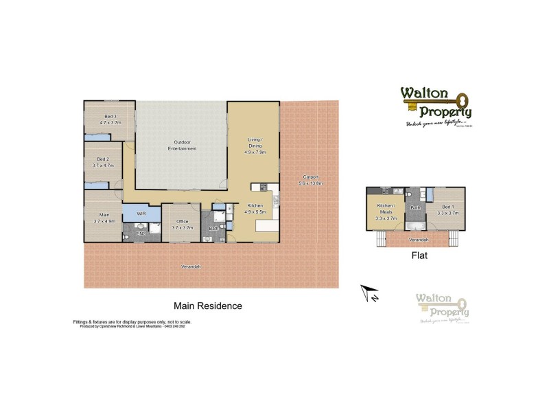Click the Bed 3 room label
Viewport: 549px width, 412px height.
click(110, 117)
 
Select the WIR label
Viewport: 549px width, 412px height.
click(141, 214)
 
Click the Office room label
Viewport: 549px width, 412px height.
click(182, 221)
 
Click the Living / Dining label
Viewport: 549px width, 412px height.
click(255, 142)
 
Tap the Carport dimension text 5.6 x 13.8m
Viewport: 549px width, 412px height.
click(311, 184)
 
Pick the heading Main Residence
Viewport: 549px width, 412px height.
click(207, 306)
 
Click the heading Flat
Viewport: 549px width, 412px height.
click(419, 256)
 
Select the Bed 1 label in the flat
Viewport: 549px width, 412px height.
click(447, 207)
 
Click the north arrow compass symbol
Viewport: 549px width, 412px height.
click(369, 294)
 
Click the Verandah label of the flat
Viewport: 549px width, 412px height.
click(419, 240)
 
